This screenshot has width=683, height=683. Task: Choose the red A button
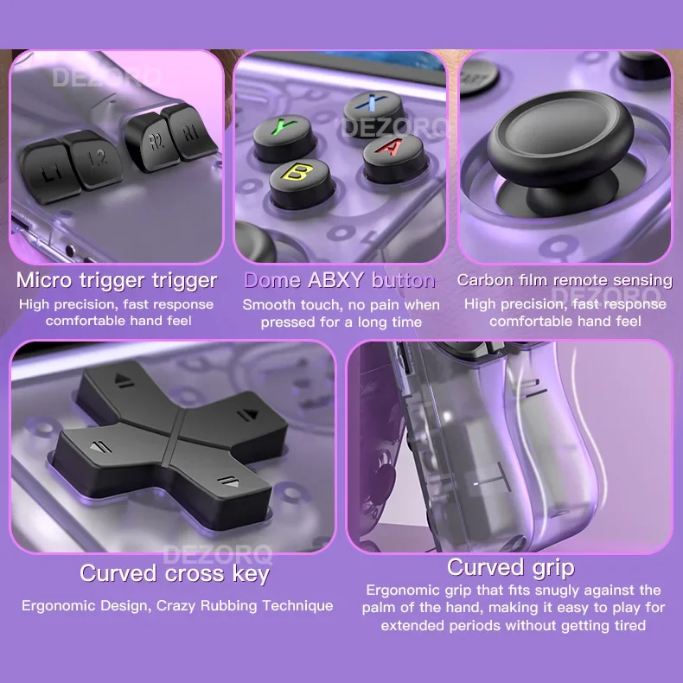click(x=390, y=150)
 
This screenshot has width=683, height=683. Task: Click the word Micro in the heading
click(x=48, y=280)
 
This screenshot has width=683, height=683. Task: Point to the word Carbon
click(x=486, y=280)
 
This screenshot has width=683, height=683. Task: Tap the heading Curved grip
click(x=510, y=567)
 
